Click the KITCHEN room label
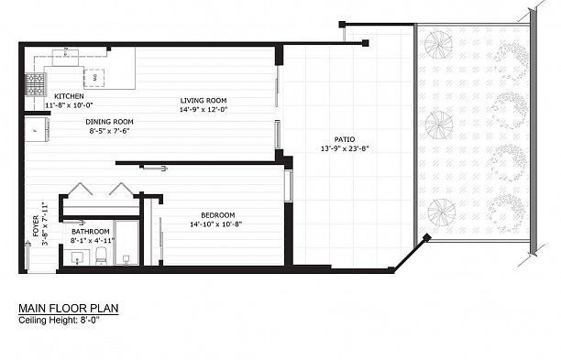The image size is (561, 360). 70,96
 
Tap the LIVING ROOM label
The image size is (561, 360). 203,101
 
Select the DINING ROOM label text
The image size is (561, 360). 110,121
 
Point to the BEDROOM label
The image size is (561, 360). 216,214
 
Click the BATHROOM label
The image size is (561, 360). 91,232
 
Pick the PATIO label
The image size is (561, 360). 345,139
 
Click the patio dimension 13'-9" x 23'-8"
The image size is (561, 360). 345,148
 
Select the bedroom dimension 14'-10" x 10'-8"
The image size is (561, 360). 216,224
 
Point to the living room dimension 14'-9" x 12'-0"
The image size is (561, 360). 203,110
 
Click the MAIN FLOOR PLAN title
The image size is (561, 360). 69,310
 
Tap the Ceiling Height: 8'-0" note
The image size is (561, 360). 59,321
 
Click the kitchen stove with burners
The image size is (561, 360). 35,86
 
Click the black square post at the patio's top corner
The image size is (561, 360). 365,42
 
